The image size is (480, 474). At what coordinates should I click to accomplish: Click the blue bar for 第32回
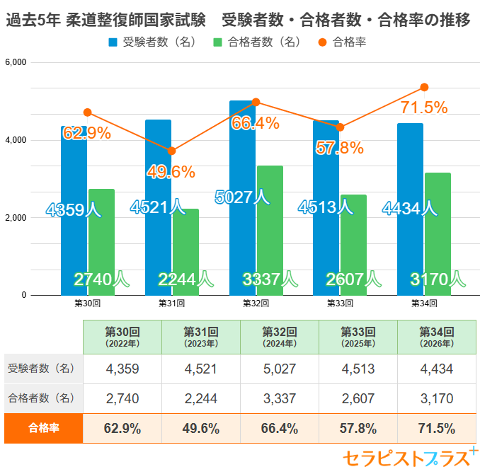point(242,198)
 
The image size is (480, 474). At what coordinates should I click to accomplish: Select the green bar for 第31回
point(185,252)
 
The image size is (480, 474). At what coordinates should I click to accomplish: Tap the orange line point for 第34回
point(424,87)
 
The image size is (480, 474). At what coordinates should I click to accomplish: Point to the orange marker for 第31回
point(172,151)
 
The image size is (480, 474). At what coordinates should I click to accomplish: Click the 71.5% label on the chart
point(424,108)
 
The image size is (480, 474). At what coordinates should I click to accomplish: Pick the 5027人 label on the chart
point(242,197)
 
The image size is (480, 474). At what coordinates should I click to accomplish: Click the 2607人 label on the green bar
point(353,279)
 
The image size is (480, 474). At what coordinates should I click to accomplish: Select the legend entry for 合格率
point(342,42)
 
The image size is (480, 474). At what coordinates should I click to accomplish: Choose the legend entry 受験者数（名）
point(152,42)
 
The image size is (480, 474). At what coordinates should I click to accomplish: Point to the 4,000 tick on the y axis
point(16,140)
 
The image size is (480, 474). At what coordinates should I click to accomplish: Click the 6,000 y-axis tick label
point(16,62)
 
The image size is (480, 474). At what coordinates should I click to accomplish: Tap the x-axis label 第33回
point(340,304)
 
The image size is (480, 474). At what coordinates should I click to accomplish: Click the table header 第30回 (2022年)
point(122,337)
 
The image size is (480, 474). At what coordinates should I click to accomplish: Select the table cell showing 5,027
point(280,369)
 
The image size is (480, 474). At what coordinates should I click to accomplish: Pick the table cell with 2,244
point(201,398)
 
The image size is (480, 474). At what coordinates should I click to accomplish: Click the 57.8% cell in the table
point(358,428)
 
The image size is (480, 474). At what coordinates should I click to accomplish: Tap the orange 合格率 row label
point(43,428)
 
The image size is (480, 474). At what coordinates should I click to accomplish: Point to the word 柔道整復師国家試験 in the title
point(136,20)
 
